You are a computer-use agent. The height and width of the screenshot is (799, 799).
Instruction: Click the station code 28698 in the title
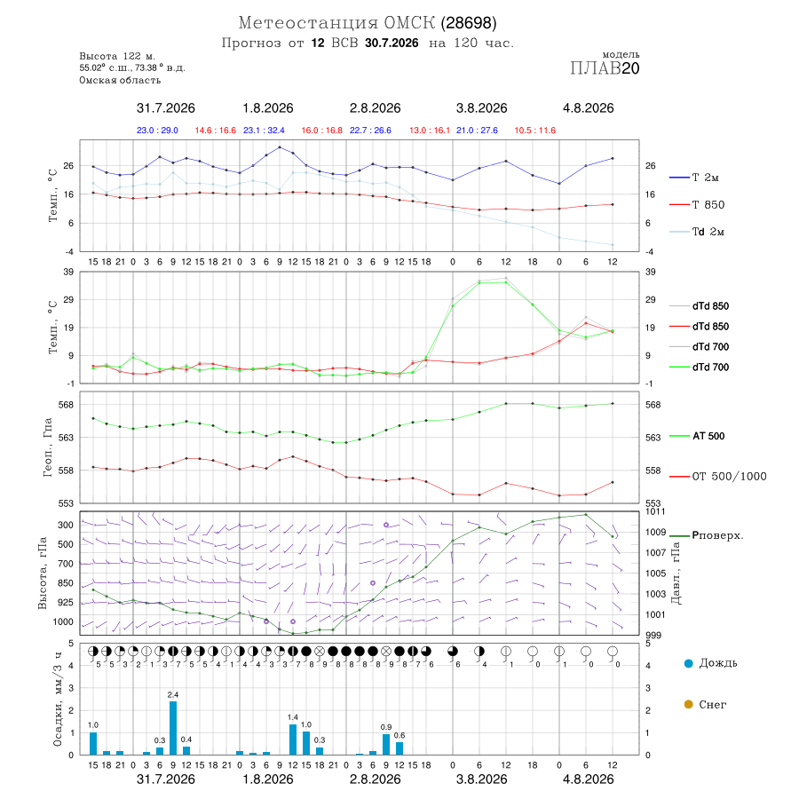click(x=469, y=23)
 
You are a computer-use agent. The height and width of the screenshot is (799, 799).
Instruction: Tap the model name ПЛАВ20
click(x=605, y=68)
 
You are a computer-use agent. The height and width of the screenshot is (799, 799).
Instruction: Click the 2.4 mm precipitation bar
click(x=173, y=728)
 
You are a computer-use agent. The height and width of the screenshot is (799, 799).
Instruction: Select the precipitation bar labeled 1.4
click(x=293, y=740)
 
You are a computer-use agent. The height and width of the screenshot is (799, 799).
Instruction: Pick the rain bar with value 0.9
click(x=386, y=745)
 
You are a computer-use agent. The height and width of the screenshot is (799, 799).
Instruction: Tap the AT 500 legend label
click(x=708, y=436)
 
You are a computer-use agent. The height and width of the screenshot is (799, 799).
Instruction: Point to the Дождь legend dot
click(x=688, y=663)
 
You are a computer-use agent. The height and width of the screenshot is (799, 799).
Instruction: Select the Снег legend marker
click(x=688, y=704)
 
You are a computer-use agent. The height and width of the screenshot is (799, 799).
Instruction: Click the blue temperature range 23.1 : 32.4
click(x=264, y=131)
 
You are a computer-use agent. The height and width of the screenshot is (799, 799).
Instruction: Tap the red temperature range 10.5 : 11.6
click(x=535, y=131)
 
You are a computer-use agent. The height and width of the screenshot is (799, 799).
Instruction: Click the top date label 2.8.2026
click(x=375, y=108)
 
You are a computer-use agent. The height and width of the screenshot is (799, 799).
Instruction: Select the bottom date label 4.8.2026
click(x=588, y=779)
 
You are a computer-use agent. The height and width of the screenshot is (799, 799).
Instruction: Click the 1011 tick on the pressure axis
click(x=655, y=511)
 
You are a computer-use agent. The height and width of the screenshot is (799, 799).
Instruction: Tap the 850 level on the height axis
click(x=65, y=583)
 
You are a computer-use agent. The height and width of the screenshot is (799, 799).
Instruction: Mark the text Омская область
click(x=120, y=81)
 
